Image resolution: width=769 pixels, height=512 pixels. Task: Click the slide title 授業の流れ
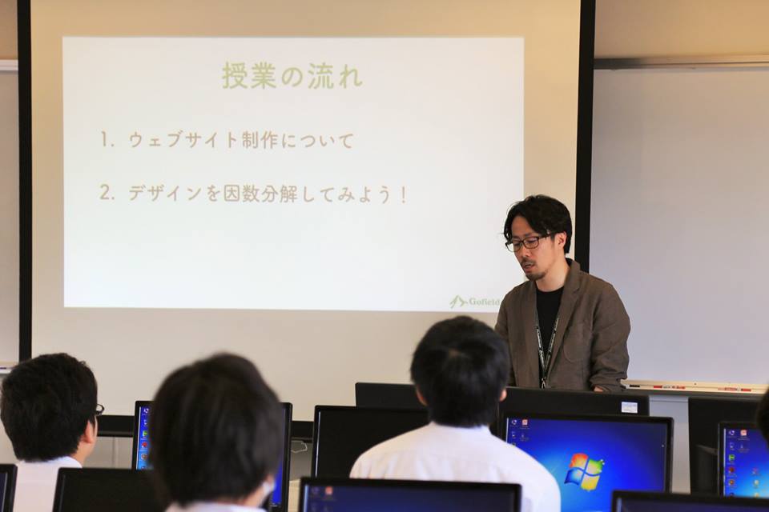point(293,77)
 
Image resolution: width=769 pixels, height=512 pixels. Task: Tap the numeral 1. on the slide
point(107,140)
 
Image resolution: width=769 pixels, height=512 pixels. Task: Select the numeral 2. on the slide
point(107,193)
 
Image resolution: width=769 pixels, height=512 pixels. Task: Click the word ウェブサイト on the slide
point(183,141)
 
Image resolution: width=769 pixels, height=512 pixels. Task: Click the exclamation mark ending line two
point(403,195)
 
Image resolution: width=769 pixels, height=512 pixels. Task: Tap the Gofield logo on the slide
point(474,302)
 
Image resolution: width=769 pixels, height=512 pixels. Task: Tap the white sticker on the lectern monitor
point(629,406)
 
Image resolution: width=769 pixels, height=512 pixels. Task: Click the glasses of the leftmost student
point(99,409)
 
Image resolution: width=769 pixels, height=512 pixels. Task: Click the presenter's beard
point(534,273)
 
